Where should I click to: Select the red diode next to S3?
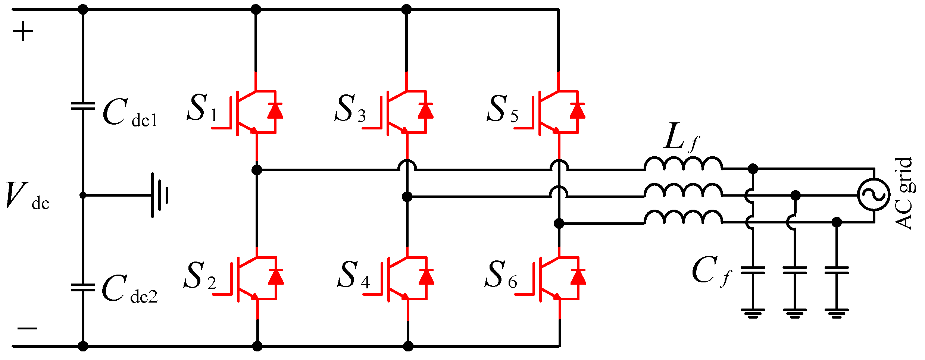coord(425,111)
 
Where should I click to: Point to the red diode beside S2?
coord(276,277)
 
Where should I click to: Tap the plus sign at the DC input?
coord(23,31)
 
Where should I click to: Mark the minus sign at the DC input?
coord(27,328)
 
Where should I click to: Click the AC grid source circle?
coord(874,195)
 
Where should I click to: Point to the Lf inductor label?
coord(681,137)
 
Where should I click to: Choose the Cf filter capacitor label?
coord(711,272)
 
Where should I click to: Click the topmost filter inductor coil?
coord(683,164)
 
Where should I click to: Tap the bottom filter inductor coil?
coord(683,217)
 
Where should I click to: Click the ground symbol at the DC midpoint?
coord(160,195)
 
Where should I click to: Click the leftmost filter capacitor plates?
coord(753,270)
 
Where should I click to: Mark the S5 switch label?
coord(503,109)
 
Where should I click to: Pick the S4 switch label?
coord(353,275)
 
